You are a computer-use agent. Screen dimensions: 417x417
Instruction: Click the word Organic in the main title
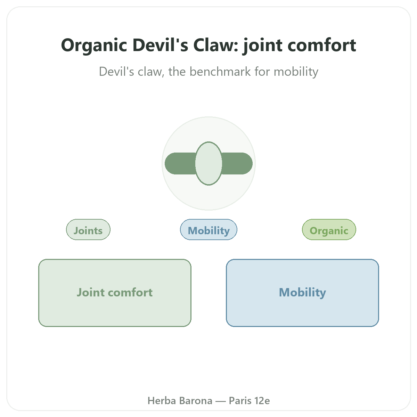coord(94,46)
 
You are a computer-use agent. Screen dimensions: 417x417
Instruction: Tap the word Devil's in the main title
coord(160,45)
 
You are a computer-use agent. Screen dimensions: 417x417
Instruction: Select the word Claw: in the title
coord(216,45)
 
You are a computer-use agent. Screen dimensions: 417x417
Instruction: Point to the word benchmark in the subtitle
coord(220,71)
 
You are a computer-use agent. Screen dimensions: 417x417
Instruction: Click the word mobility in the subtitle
coord(296,72)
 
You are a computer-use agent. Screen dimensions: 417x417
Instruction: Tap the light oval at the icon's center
coord(208,163)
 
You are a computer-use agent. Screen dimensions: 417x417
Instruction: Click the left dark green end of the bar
coord(180,163)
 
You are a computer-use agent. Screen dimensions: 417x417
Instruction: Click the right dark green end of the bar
coord(237,163)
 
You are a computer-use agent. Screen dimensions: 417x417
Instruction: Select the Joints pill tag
coord(88,229)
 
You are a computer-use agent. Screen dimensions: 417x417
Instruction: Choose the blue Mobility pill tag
coord(208,229)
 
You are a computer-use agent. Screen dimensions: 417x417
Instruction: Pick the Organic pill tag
coord(329,229)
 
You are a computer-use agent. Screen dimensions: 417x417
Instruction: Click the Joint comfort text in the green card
coord(115,292)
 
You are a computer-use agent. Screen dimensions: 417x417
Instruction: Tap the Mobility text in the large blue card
coord(302,293)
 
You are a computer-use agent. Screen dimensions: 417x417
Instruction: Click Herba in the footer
coord(162,401)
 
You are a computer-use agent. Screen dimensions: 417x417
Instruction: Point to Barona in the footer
coord(196,401)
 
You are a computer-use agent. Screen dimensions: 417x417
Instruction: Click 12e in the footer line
coord(262,401)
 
